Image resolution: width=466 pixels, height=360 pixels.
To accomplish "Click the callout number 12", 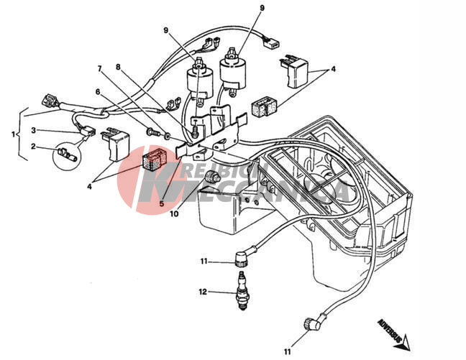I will pyautogui.click(x=203, y=292).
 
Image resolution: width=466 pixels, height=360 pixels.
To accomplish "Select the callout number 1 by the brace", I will pyautogui.click(x=14, y=134).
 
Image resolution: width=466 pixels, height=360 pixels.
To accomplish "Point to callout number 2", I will pyautogui.click(x=34, y=146).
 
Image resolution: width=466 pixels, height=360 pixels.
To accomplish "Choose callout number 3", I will pyautogui.click(x=33, y=130).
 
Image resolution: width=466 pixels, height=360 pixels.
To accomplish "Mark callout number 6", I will pyautogui.click(x=98, y=91).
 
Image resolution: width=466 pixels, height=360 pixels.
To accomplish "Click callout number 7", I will pyautogui.click(x=100, y=69).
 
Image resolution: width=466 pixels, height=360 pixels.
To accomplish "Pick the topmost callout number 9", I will pyautogui.click(x=261, y=8).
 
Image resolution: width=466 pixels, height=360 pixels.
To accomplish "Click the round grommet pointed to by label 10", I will pyautogui.click(x=211, y=177).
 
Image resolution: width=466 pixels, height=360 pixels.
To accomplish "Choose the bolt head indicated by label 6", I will pyautogui.click(x=152, y=133).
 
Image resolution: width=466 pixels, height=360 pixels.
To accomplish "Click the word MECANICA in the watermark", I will pyautogui.click(x=288, y=191).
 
